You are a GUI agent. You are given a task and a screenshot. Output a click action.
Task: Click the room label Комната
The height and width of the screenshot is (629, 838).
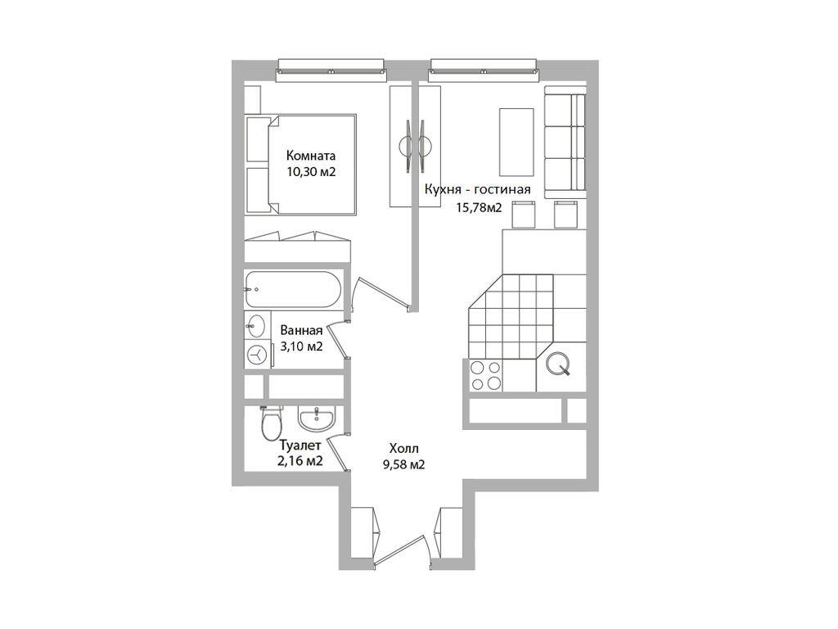pos(311,156)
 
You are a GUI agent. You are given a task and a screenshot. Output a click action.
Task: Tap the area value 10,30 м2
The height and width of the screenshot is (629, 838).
pos(311,172)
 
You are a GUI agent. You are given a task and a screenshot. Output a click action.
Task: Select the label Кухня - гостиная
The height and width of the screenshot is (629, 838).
pos(478,189)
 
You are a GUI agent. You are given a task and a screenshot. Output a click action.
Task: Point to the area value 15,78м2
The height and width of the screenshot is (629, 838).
pos(479,208)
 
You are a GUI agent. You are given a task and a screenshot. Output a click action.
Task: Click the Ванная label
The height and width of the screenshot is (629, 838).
pos(301,330)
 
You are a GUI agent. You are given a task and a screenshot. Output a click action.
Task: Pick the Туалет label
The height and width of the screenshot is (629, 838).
pos(300,445)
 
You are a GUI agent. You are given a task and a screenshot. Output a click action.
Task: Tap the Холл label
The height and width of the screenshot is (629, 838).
pos(404,448)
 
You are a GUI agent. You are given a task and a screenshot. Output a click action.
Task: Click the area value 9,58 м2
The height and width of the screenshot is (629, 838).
pos(404,465)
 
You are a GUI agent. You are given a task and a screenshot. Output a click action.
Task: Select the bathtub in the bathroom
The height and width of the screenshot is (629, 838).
pos(293,289)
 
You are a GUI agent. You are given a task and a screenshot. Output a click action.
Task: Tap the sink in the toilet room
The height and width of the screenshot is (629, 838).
pos(317,418)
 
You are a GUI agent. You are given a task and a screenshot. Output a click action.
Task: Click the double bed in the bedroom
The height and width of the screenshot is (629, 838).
pos(301,165)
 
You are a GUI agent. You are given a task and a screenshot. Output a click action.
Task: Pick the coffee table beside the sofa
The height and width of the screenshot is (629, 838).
pos(516,142)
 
